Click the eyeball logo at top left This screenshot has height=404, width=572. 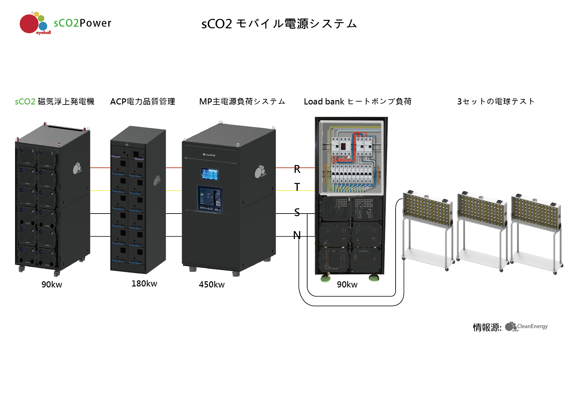[34, 23]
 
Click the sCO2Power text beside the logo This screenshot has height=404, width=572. [83, 23]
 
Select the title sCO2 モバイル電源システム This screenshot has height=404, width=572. [279, 24]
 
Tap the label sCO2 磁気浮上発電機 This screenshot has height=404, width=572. [54, 102]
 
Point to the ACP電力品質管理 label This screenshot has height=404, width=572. [143, 102]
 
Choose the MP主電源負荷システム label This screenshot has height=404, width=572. [242, 102]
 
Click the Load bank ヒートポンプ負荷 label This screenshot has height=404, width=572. [357, 102]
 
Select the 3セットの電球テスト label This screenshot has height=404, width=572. [496, 102]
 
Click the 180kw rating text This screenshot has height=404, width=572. [144, 284]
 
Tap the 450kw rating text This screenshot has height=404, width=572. [212, 285]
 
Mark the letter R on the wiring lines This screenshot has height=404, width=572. [297, 169]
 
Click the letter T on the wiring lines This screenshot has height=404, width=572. [297, 187]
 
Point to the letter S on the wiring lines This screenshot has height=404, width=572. [297, 212]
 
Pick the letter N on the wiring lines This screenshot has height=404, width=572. [297, 235]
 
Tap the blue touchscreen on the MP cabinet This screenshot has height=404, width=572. [210, 174]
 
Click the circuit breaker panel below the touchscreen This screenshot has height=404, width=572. [210, 199]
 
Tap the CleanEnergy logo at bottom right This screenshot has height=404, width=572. [526, 327]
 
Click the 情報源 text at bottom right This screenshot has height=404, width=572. [487, 327]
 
